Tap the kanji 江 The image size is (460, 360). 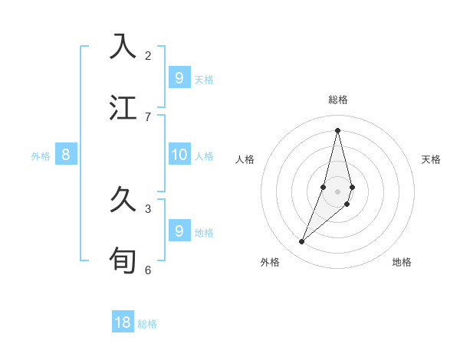click(124, 107)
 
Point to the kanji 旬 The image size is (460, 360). click(124, 260)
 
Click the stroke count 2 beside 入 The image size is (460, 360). click(148, 55)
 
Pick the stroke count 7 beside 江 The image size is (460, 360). click(148, 116)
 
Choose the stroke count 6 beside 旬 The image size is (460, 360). click(148, 270)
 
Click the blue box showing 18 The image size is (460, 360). click(123, 322)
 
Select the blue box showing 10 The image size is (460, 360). click(179, 155)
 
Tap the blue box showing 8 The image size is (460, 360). click(66, 155)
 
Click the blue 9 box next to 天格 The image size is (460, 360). click(179, 77)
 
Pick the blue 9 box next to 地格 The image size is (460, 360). click(179, 231)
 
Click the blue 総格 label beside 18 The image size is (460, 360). click(147, 324)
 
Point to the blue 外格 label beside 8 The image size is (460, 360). click(41, 156)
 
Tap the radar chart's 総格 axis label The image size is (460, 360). click(338, 100)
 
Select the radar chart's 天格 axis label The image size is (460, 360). click(431, 159)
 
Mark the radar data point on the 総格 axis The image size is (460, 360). click(337, 129)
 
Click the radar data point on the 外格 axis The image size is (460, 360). click(302, 242)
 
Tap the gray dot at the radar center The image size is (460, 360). click(337, 191)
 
